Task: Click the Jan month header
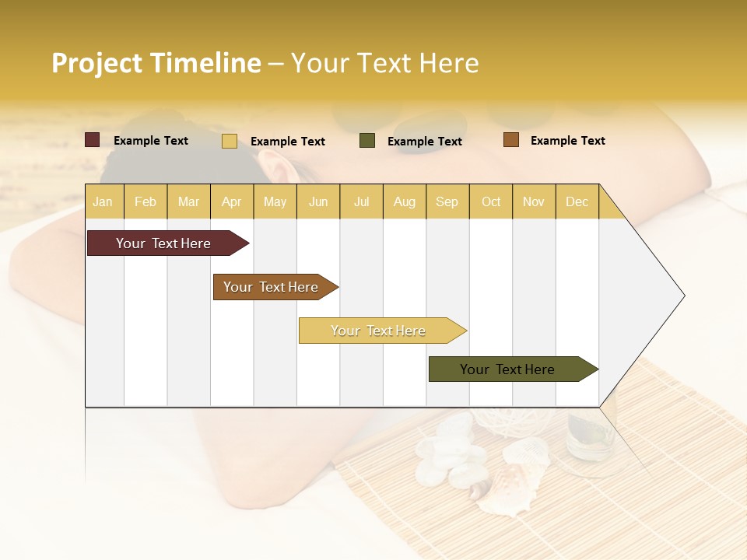[x=103, y=201]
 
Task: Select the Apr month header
[x=231, y=201]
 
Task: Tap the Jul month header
[x=361, y=201]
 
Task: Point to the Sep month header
[x=447, y=201]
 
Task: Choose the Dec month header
[x=577, y=201]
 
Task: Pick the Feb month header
[x=146, y=201]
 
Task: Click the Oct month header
[x=491, y=201]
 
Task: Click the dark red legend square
[x=92, y=140]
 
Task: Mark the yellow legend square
[x=229, y=141]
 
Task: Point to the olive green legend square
[x=367, y=141]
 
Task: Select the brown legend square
[x=510, y=140]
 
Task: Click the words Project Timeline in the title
[x=156, y=63]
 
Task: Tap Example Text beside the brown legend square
[x=567, y=141]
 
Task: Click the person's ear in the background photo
[x=274, y=166]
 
